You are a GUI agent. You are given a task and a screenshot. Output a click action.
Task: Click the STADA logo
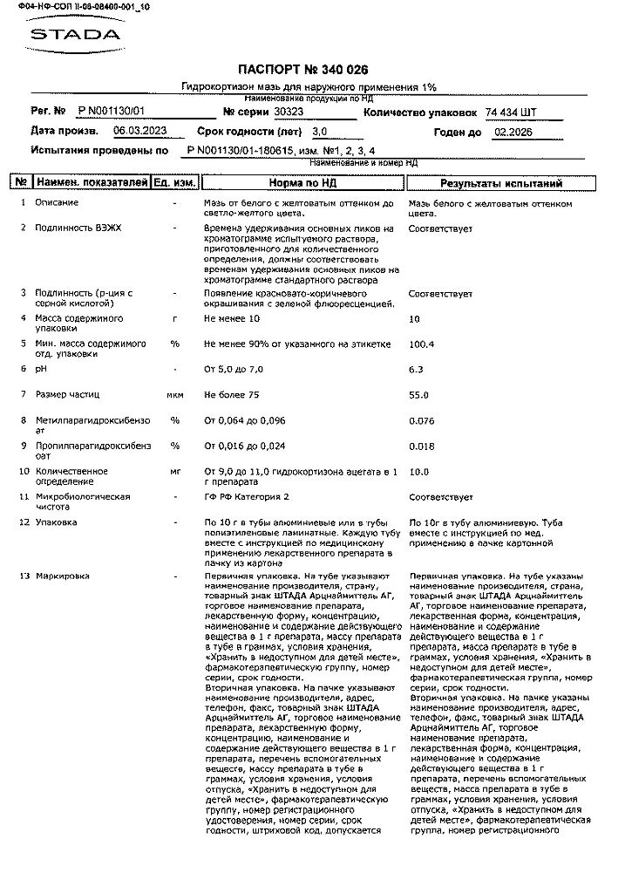(75, 36)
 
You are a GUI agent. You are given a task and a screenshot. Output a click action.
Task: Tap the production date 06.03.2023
(139, 132)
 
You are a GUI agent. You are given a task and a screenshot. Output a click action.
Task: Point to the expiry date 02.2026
(513, 133)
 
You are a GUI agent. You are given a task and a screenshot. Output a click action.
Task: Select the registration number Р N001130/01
(111, 112)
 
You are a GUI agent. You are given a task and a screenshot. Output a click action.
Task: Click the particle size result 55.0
(419, 395)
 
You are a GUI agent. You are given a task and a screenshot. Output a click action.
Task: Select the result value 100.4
(422, 344)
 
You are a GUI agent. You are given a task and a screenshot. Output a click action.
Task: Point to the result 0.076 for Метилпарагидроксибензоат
(421, 421)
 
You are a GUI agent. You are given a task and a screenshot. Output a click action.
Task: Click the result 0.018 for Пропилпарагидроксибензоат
(421, 446)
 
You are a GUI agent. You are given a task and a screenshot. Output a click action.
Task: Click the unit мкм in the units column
(174, 395)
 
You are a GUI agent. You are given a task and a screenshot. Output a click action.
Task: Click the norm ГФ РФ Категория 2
(247, 497)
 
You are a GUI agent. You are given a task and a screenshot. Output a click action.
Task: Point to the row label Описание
(57, 203)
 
